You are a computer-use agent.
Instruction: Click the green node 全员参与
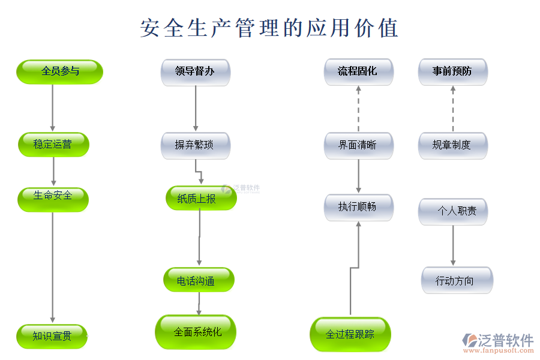[59, 71]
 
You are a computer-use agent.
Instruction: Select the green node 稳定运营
[53, 145]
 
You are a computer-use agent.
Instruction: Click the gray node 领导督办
[195, 72]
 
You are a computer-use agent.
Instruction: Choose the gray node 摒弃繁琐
[195, 145]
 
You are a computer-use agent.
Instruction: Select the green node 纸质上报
[200, 198]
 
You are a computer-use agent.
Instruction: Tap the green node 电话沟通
[199, 280]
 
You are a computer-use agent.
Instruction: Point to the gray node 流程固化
[358, 72]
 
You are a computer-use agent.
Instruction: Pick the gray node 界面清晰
[358, 145]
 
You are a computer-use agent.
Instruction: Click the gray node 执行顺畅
[358, 207]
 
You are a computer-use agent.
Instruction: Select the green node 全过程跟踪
[350, 334]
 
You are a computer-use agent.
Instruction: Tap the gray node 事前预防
[452, 72]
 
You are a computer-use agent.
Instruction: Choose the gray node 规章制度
[452, 145]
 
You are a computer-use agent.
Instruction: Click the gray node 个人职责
[452, 211]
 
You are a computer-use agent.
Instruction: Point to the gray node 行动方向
[456, 280]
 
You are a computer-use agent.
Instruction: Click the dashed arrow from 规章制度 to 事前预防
[452, 109]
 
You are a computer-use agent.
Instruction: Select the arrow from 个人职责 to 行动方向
[452, 245]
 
